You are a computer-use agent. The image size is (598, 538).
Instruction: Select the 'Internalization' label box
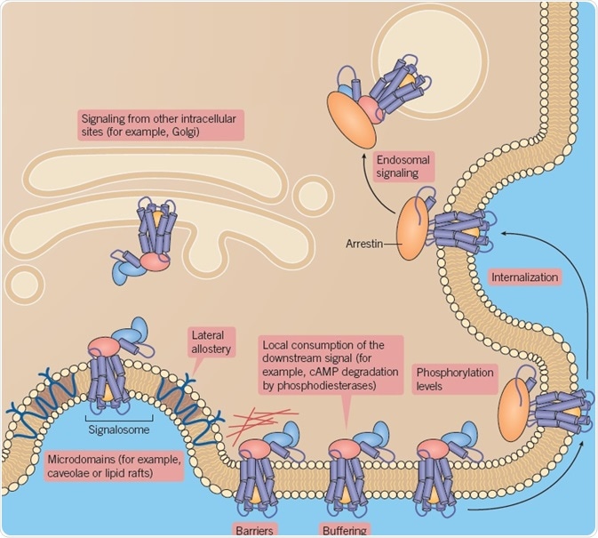[x=525, y=277]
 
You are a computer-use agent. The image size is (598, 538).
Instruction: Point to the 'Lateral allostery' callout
[x=211, y=341]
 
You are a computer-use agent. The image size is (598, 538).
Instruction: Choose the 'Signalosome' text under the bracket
[x=118, y=426]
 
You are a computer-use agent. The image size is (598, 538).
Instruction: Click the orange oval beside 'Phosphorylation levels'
[x=514, y=410]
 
